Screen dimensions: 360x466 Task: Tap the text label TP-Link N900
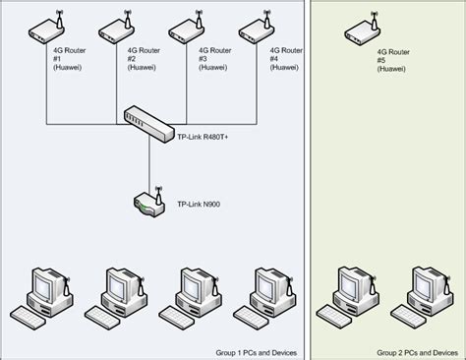coord(200,205)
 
